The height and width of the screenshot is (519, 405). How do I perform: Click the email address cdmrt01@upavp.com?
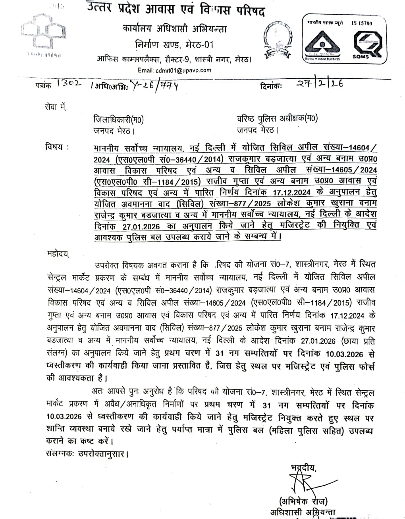(175, 70)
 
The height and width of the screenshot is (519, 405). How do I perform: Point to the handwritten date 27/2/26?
(319, 83)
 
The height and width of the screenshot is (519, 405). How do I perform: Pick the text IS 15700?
(362, 23)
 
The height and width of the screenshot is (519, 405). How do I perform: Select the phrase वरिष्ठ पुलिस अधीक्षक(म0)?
(277, 118)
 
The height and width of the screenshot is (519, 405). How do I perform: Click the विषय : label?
(57, 147)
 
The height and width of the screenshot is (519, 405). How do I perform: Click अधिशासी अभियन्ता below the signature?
(303, 513)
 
